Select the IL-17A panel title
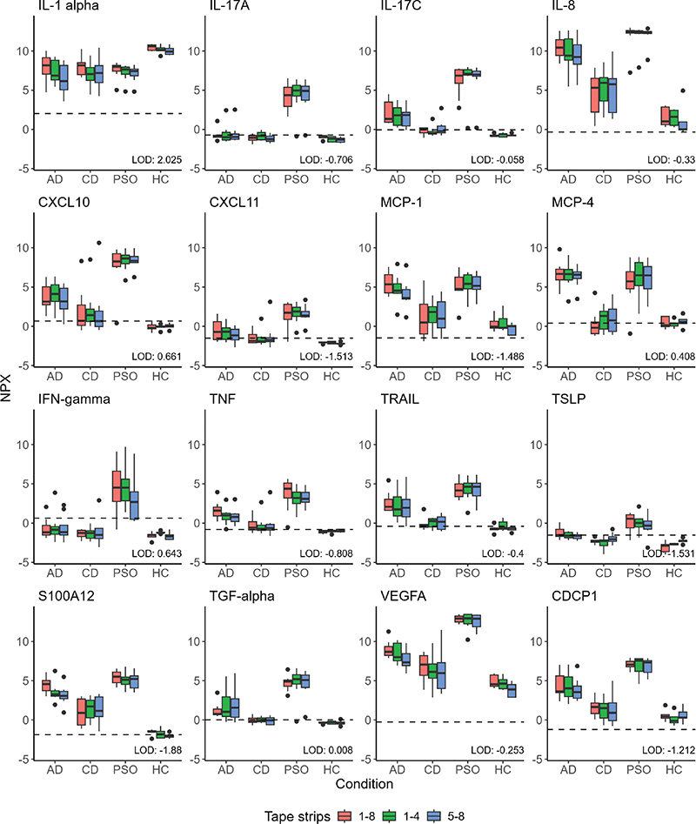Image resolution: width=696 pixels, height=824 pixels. [x=231, y=10]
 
